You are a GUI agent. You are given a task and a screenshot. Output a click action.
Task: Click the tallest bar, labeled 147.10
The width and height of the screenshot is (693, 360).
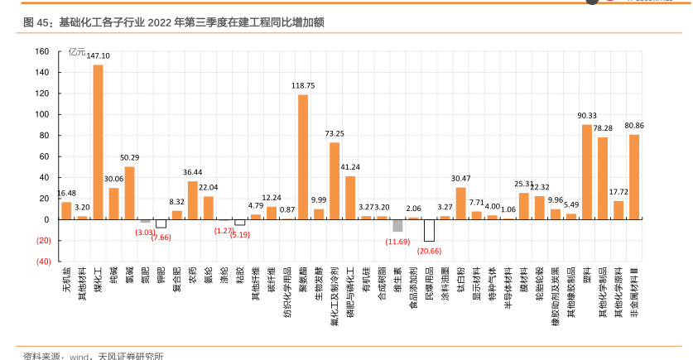coord(98,142)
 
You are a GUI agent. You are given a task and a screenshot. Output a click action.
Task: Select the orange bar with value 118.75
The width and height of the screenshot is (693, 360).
coord(303,157)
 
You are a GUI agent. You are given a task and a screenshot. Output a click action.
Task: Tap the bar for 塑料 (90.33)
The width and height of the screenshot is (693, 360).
coord(587,172)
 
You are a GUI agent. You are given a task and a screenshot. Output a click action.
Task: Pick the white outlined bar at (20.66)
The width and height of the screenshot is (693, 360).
coord(429,230)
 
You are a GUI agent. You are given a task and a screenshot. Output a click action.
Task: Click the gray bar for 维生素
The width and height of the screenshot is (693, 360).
coord(397,225)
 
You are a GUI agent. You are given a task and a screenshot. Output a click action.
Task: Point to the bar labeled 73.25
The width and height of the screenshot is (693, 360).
coord(334,180)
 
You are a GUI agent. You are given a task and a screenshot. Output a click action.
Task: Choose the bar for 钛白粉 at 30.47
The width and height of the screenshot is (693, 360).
coord(460,204)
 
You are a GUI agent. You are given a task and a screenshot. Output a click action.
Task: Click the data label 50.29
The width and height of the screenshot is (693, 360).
coord(129,158)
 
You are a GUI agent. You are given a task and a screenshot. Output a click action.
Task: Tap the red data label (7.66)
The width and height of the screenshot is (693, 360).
coord(161,238)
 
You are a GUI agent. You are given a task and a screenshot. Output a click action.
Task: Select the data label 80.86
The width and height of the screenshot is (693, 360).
coord(634,126)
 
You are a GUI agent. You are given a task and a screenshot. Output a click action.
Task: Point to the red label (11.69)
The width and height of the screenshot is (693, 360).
coord(397,241)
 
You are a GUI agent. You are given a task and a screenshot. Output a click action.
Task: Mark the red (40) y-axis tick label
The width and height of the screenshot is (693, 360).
coord(41,262)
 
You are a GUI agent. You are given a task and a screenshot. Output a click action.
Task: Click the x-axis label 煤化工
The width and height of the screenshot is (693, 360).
coord(98,278)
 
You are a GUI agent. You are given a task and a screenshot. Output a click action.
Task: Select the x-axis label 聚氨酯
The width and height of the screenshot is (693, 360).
coord(303,278)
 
